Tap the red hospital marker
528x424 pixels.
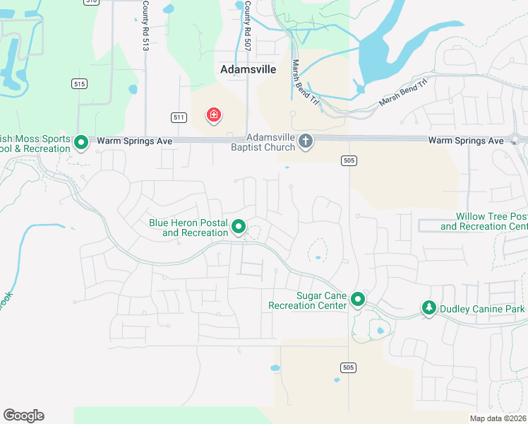[x=212, y=114]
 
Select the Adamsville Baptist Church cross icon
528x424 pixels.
[x=306, y=141]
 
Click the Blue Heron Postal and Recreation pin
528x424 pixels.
[x=239, y=227]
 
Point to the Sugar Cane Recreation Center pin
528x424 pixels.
[x=358, y=300]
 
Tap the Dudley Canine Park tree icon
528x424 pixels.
[x=428, y=307]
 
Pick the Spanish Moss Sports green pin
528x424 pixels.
[x=81, y=143]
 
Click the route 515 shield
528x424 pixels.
[x=78, y=83]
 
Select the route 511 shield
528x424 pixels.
[x=179, y=117]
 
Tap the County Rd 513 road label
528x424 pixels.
[x=145, y=34]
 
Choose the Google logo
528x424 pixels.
[x=23, y=416]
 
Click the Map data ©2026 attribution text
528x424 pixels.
[x=498, y=418]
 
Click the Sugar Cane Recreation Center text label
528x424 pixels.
[x=308, y=300]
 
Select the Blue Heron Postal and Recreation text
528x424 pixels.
[x=188, y=228]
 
